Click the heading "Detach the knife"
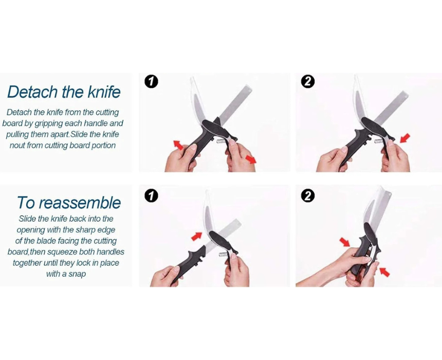coord(64,92)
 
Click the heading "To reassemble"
coord(69,203)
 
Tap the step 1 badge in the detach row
coord(152,82)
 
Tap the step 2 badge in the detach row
coord(307,82)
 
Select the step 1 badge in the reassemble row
coord(152,196)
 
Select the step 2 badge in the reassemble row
coord(307,196)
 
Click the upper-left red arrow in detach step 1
coord(178,145)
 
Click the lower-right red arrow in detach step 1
coord(251,159)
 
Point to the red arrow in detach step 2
coord(405,138)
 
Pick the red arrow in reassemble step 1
coord(197,237)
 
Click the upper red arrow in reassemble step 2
coord(344,242)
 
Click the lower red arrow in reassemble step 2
coord(384,272)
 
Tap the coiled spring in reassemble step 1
coord(223,254)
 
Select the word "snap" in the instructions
coord(77,274)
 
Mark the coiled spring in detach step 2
coord(379,141)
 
